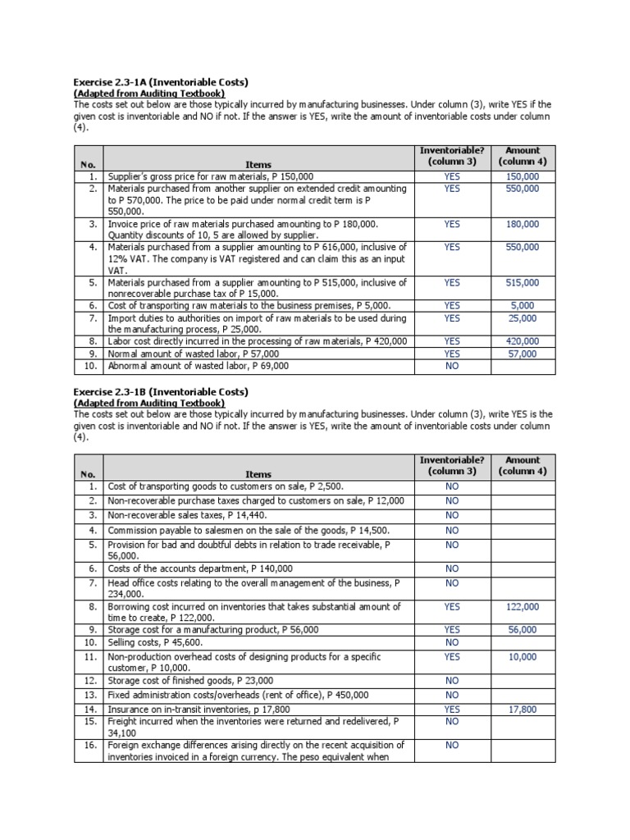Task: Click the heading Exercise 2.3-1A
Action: pyautogui.click(x=161, y=83)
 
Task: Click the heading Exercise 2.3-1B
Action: pyautogui.click(x=161, y=392)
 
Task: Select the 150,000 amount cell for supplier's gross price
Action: pyautogui.click(x=523, y=176)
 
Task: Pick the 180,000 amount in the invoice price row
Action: pyautogui.click(x=523, y=223)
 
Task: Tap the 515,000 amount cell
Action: pyautogui.click(x=523, y=282)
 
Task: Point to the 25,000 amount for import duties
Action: pyautogui.click(x=523, y=317)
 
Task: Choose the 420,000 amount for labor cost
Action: pyautogui.click(x=523, y=341)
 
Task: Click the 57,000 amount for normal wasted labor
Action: pyautogui.click(x=523, y=354)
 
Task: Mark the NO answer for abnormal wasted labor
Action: pyautogui.click(x=452, y=366)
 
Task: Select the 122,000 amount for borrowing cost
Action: pyautogui.click(x=523, y=606)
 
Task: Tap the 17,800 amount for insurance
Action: pyautogui.click(x=523, y=709)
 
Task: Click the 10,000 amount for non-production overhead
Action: pyautogui.click(x=523, y=656)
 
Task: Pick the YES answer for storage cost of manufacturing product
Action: pyautogui.click(x=452, y=629)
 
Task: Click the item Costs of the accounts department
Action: pyautogui.click(x=200, y=568)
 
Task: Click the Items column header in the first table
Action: pyautogui.click(x=258, y=164)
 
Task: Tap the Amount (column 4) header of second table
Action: pyautogui.click(x=523, y=466)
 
